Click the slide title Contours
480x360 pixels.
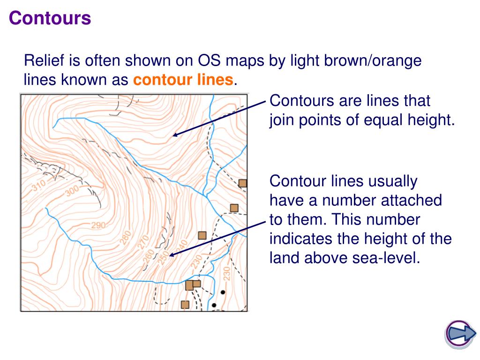tap(50, 19)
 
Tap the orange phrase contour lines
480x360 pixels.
tap(183, 80)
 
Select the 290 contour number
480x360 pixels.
tap(98, 225)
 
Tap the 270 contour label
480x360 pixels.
tap(143, 242)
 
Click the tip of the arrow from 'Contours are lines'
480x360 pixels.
tap(173, 136)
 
